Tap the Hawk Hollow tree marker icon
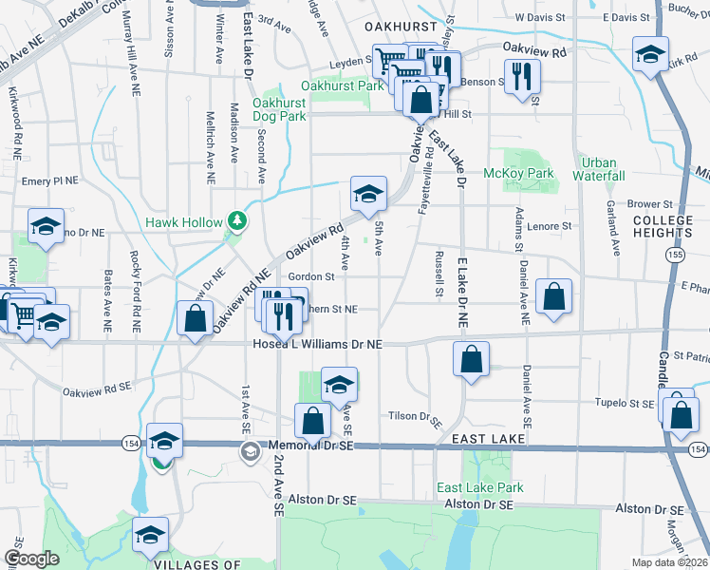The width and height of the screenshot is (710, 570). coord(236,222)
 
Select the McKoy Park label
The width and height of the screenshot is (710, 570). coord(518,173)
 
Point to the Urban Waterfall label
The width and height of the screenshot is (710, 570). coord(599,169)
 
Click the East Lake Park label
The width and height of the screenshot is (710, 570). coord(479,487)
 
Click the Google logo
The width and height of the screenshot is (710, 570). coord(31,559)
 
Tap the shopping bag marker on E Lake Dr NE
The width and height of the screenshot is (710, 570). coord(470,359)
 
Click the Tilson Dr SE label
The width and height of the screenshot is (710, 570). coord(416,417)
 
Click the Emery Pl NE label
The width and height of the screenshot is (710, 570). coord(48,180)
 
